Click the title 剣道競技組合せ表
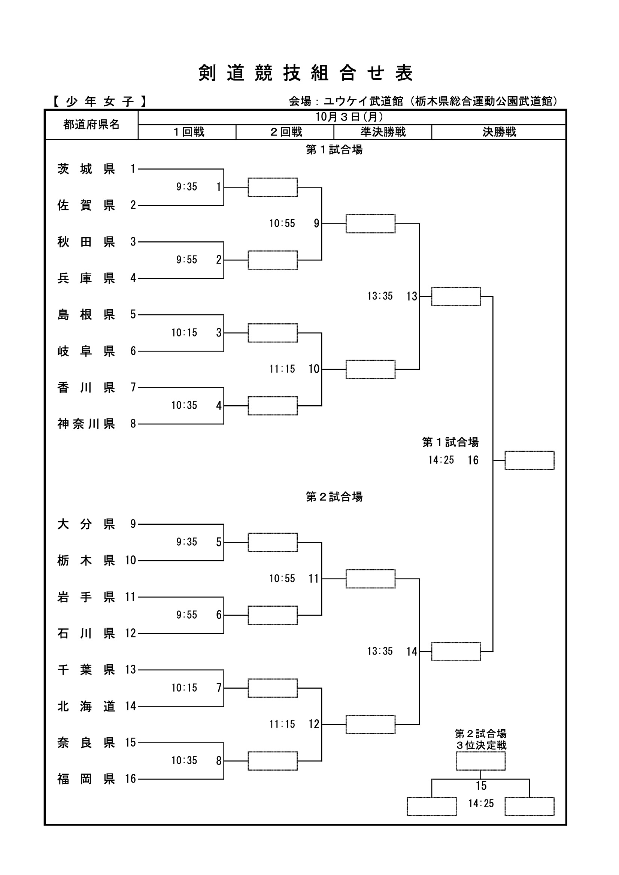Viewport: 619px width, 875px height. (x=306, y=73)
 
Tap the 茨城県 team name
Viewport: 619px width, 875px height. (x=86, y=169)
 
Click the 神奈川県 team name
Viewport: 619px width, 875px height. (x=86, y=424)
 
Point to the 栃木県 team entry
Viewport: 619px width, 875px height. (x=86, y=560)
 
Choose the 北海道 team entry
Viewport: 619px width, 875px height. (x=86, y=706)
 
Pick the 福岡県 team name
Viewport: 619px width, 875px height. (x=86, y=779)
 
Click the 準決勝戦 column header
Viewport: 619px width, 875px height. (x=383, y=132)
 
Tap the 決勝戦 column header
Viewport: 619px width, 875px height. (x=499, y=132)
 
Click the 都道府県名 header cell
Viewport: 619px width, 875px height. (x=91, y=125)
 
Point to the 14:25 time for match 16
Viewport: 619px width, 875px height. (x=441, y=460)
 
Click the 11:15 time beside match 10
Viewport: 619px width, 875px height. (x=282, y=369)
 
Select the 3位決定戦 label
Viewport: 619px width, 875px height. (x=481, y=745)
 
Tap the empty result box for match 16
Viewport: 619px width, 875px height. (x=530, y=460)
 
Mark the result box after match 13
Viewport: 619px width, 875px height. (x=456, y=296)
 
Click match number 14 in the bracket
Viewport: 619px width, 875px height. (x=412, y=651)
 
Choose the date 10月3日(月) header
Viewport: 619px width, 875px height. (x=349, y=117)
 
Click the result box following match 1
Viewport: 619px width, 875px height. (x=272, y=187)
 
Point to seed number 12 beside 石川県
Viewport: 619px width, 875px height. (x=130, y=633)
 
